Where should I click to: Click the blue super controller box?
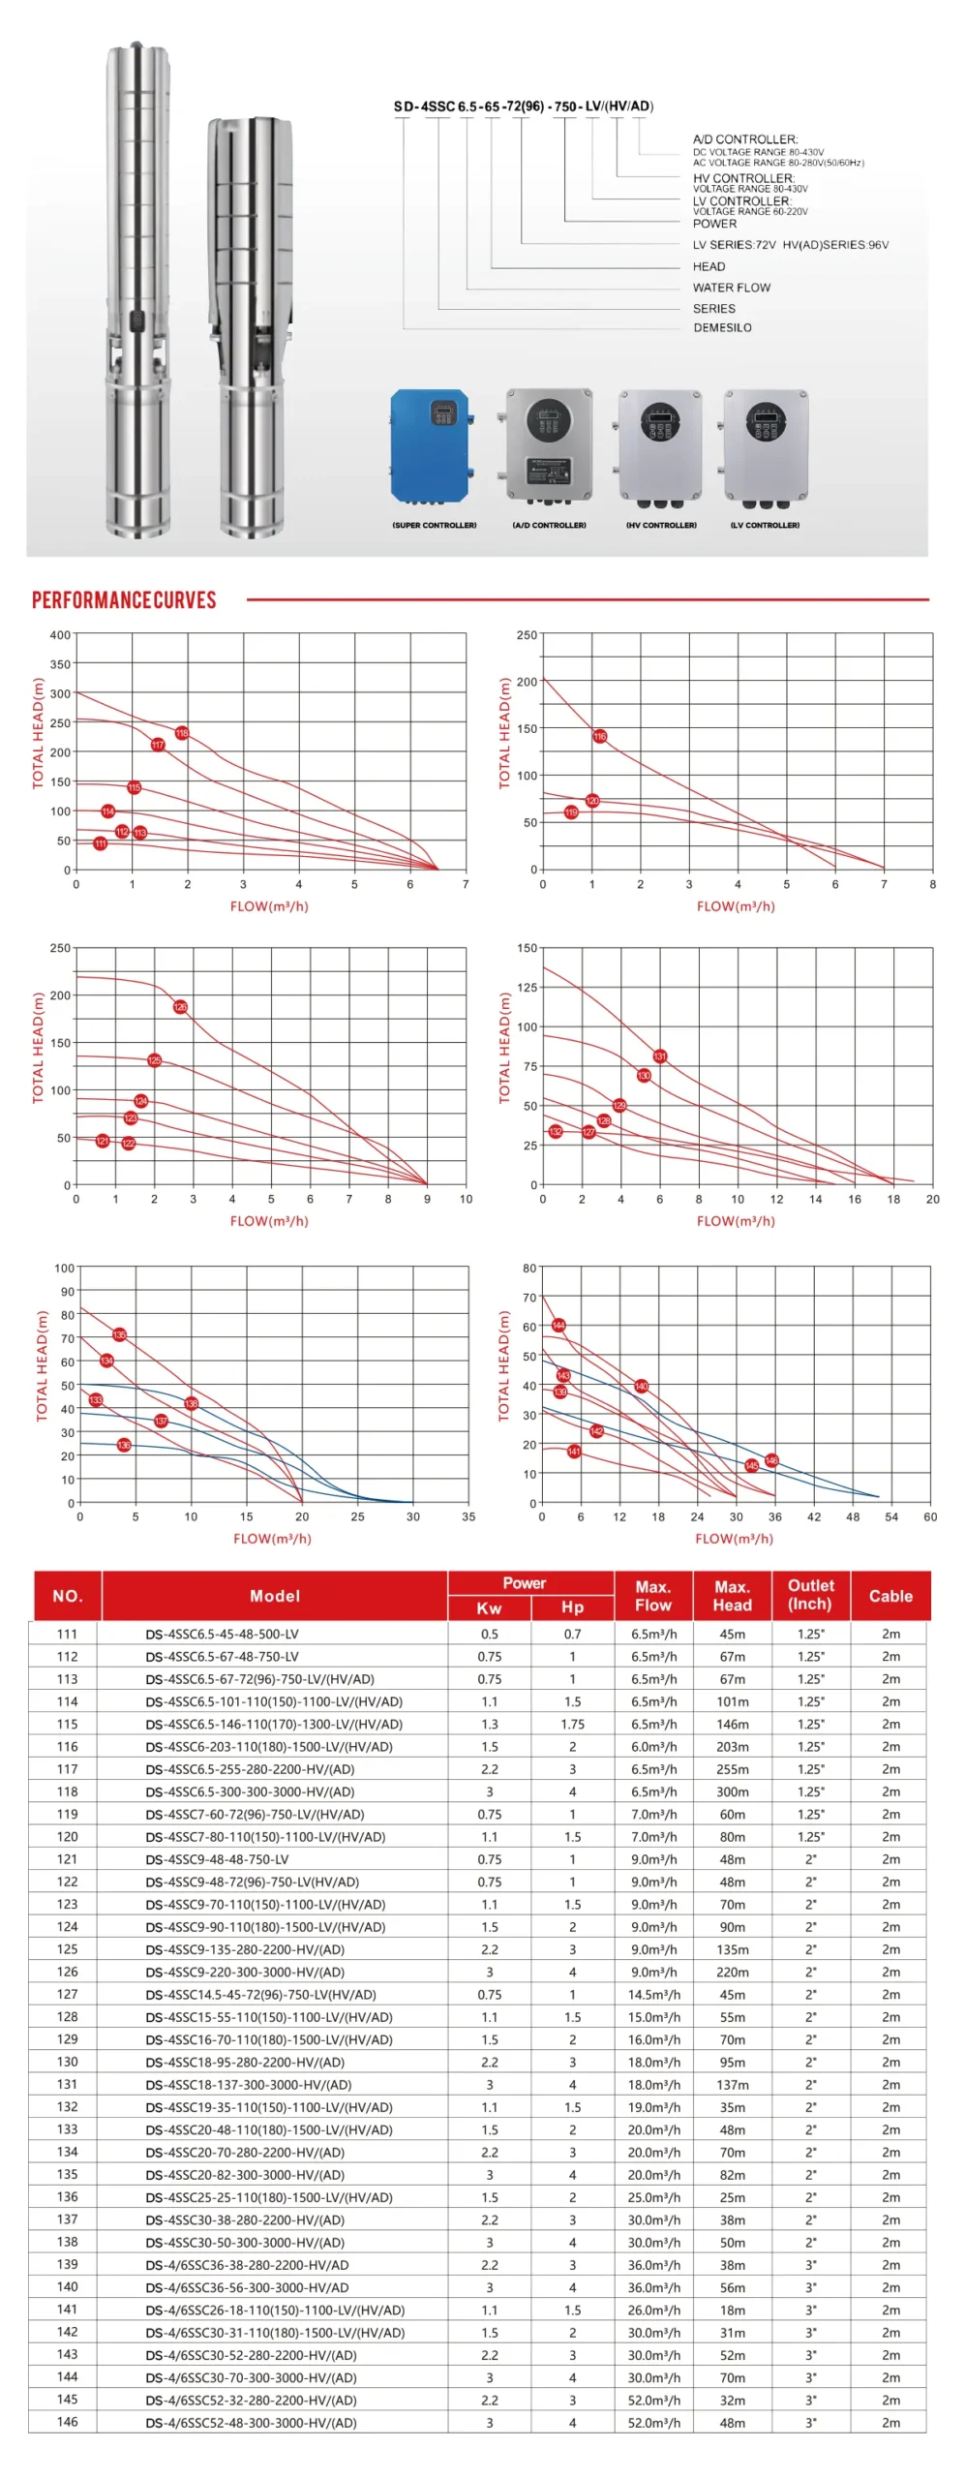pyautogui.click(x=431, y=445)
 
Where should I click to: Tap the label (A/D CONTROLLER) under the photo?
pyautogui.click(x=549, y=525)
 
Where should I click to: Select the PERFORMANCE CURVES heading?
pyautogui.click(x=124, y=600)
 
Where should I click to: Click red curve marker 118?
pyautogui.click(x=182, y=733)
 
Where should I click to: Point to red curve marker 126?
pyautogui.click(x=180, y=1007)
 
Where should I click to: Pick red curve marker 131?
pyautogui.click(x=660, y=1056)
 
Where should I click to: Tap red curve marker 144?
pyautogui.click(x=558, y=1325)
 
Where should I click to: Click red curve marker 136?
pyautogui.click(x=124, y=1445)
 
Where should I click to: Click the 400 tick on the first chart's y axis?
pyautogui.click(x=60, y=635)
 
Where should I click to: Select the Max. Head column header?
pyautogui.click(x=732, y=1596)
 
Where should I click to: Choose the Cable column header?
pyautogui.click(x=890, y=1596)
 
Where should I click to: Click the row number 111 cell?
pyautogui.click(x=67, y=1634)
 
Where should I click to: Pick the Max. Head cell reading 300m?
pyautogui.click(x=732, y=1791)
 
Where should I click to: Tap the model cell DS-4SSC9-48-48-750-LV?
pyautogui.click(x=217, y=1859)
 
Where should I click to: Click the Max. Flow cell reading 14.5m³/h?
pyautogui.click(x=653, y=1995)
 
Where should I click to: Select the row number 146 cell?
pyautogui.click(x=67, y=2422)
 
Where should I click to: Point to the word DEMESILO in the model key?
pyautogui.click(x=722, y=327)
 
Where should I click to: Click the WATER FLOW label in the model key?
pyautogui.click(x=732, y=288)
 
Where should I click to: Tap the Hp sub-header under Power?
pyautogui.click(x=572, y=1607)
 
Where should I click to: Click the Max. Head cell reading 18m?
pyautogui.click(x=732, y=2310)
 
